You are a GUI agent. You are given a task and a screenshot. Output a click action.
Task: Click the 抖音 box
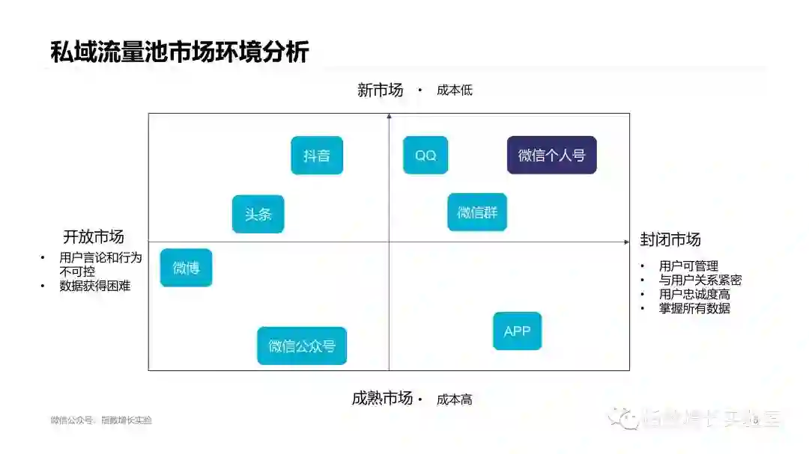click(317, 156)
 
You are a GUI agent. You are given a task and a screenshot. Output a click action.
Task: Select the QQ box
click(425, 156)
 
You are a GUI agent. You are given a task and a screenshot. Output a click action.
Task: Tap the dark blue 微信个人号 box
click(551, 156)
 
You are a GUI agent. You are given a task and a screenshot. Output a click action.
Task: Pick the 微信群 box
click(477, 212)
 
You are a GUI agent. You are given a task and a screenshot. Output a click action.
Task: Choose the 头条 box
click(258, 214)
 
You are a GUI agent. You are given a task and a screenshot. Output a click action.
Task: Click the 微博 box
click(186, 268)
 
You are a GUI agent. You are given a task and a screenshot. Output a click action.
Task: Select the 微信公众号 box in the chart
click(302, 346)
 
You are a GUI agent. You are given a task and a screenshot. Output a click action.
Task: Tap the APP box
click(517, 331)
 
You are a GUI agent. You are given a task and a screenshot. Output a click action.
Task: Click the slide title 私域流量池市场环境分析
click(179, 53)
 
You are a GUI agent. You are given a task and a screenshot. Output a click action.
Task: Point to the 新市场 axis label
click(380, 91)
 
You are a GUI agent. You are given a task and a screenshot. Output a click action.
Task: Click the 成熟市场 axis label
click(382, 399)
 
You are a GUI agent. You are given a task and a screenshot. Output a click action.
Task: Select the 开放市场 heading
click(93, 237)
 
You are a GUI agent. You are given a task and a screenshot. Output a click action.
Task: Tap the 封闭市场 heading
click(670, 240)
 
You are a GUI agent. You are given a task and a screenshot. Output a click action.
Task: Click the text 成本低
click(455, 91)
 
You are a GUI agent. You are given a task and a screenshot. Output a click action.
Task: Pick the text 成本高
click(455, 399)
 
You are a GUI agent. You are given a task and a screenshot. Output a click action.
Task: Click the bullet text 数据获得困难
click(95, 285)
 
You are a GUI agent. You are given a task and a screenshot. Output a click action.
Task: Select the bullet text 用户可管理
click(688, 266)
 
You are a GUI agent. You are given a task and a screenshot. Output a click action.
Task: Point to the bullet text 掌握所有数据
click(694, 307)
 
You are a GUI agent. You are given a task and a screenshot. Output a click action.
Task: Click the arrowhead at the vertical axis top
click(389, 116)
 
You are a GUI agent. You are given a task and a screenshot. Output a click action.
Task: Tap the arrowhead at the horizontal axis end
click(626, 242)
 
